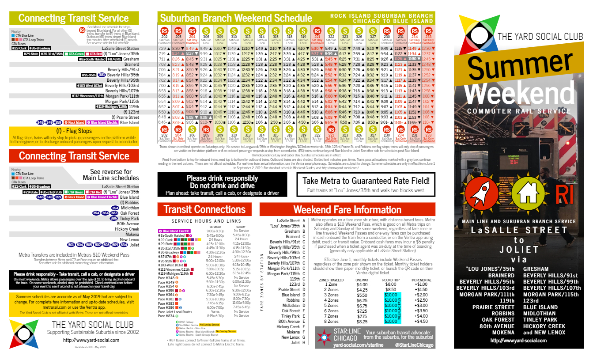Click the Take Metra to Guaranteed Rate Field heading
click(x=366, y=181)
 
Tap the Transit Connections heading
click(x=204, y=209)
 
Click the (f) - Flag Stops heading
click(x=74, y=131)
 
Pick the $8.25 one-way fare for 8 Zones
click(x=361, y=322)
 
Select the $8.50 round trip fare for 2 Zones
click(x=391, y=289)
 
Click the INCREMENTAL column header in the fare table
click(x=421, y=280)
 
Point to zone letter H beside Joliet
click(x=304, y=342)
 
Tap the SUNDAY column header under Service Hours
click(x=241, y=227)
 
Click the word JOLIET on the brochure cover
click(x=519, y=250)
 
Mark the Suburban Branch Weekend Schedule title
click(x=236, y=18)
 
